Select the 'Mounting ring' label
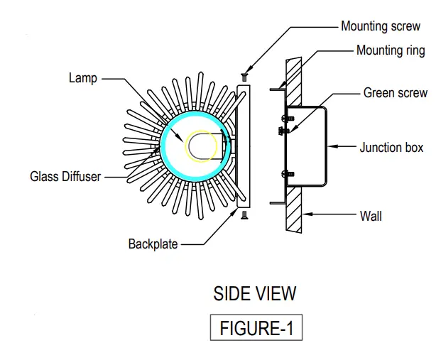coord(391,51)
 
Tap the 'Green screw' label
coord(395,92)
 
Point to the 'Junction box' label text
coord(391,148)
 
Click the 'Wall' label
coord(371,214)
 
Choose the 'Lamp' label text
coord(83,79)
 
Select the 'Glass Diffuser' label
coord(65,177)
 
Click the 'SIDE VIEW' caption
coord(255,293)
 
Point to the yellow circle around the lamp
coord(201,148)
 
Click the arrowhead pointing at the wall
coord(305,214)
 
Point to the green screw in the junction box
coord(283,130)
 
